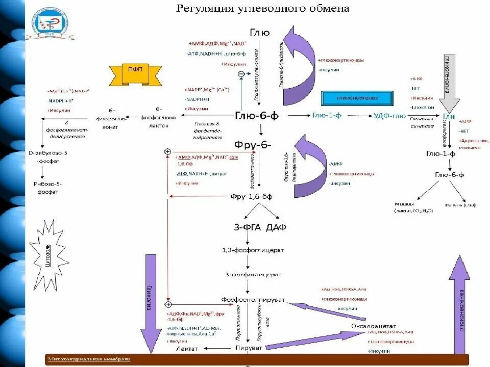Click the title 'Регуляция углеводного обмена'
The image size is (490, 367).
click(263, 8)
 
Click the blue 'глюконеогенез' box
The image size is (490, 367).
click(357, 98)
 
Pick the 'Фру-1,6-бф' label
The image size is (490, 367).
click(251, 196)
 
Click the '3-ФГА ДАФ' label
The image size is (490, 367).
click(260, 227)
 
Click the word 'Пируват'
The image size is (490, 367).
click(249, 347)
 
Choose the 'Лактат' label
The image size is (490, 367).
click(186, 348)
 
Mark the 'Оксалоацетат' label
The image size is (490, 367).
click(374, 325)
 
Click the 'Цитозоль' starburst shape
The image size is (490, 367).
click(47, 257)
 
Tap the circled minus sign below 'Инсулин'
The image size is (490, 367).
click(241, 74)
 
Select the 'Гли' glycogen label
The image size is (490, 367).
click(449, 116)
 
